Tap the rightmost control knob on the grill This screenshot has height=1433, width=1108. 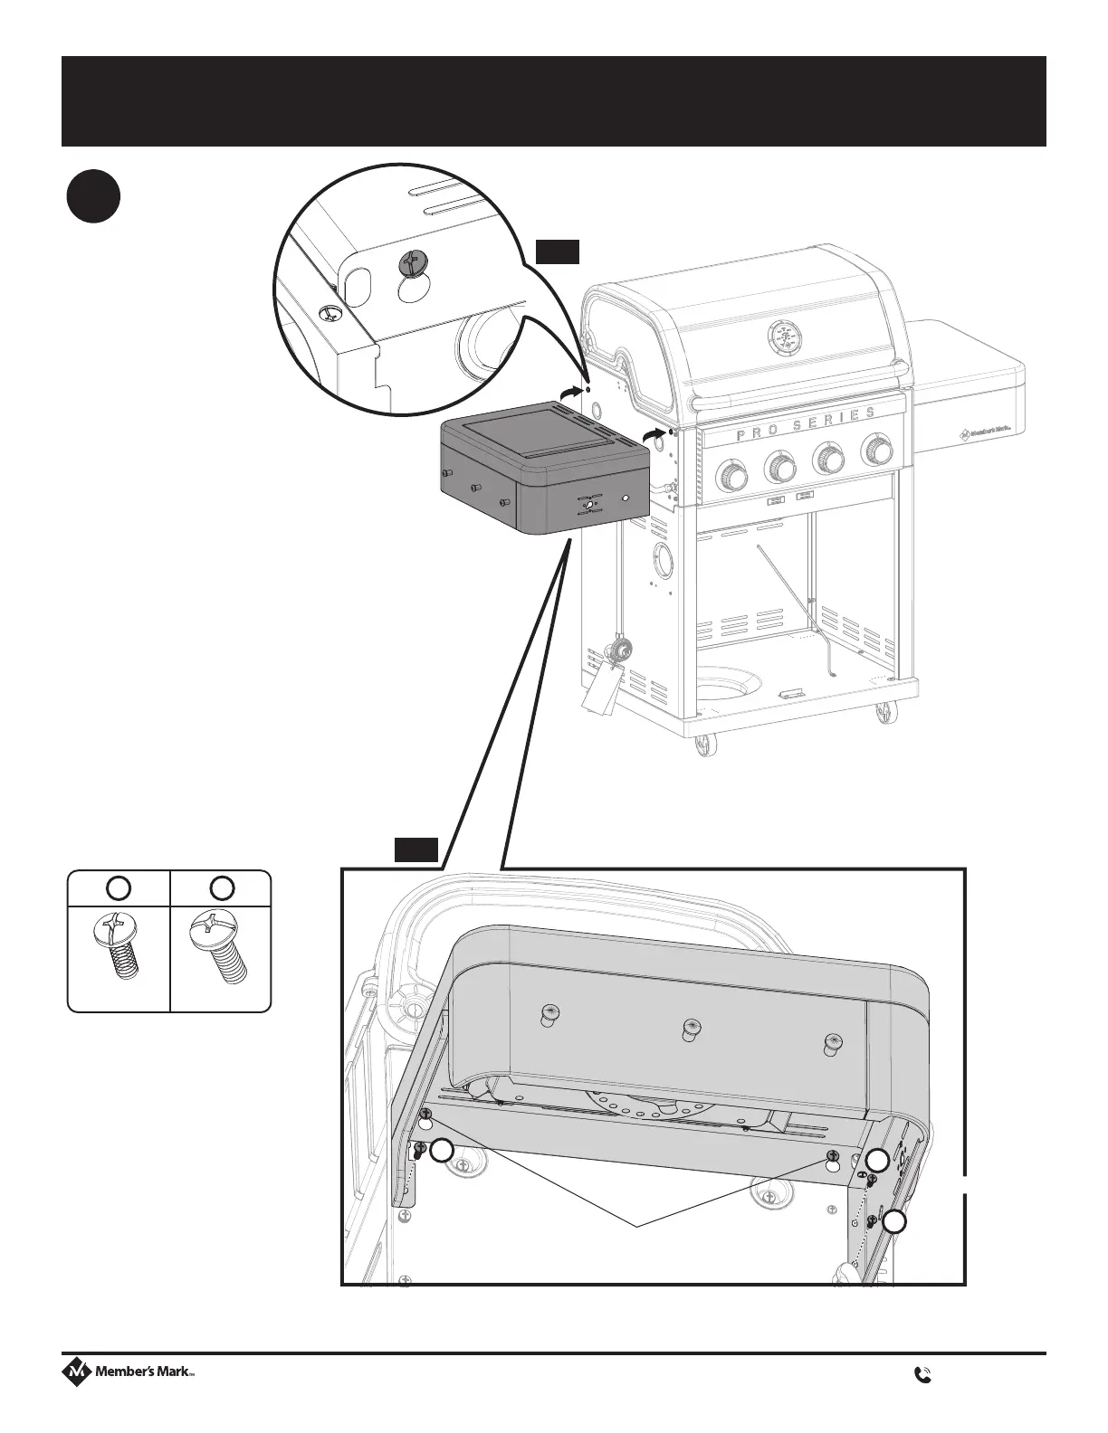click(x=876, y=449)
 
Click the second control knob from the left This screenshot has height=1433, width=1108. click(x=780, y=467)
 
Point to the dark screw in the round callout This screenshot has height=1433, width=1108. click(x=412, y=265)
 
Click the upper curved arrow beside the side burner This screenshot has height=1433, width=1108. click(x=570, y=391)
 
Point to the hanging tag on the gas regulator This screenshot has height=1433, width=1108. click(x=598, y=687)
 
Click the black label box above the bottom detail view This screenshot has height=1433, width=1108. click(x=416, y=849)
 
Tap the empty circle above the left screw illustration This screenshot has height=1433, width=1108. click(x=119, y=887)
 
